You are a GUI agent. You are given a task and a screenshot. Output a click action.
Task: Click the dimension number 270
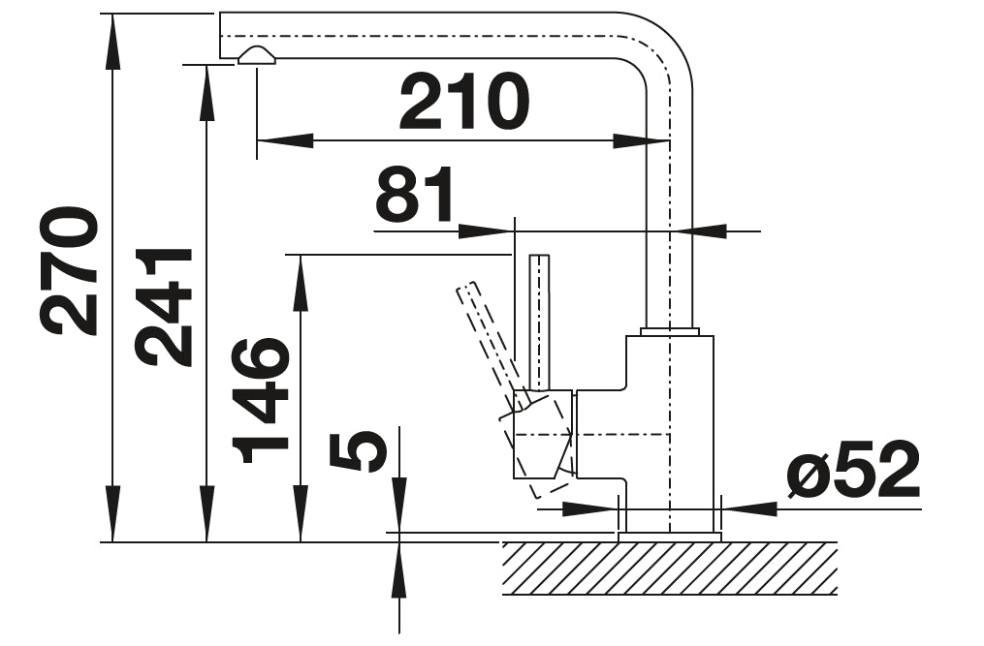70,270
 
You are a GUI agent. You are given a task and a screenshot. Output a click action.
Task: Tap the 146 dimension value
261,400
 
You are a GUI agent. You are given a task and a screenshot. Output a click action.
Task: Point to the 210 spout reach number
464,102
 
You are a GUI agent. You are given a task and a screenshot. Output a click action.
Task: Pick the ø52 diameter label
852,473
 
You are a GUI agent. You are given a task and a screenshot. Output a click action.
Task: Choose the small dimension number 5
358,451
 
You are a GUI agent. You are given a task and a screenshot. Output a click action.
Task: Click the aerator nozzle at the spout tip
257,56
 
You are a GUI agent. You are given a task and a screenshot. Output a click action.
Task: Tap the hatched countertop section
669,569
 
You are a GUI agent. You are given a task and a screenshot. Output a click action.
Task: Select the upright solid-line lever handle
539,320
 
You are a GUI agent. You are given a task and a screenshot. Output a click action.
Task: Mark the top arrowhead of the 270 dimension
113,39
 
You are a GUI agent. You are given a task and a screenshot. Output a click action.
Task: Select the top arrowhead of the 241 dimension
206,93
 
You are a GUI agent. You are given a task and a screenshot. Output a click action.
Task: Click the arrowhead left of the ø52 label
750,508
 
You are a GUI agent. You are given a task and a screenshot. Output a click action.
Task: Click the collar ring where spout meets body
669,331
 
